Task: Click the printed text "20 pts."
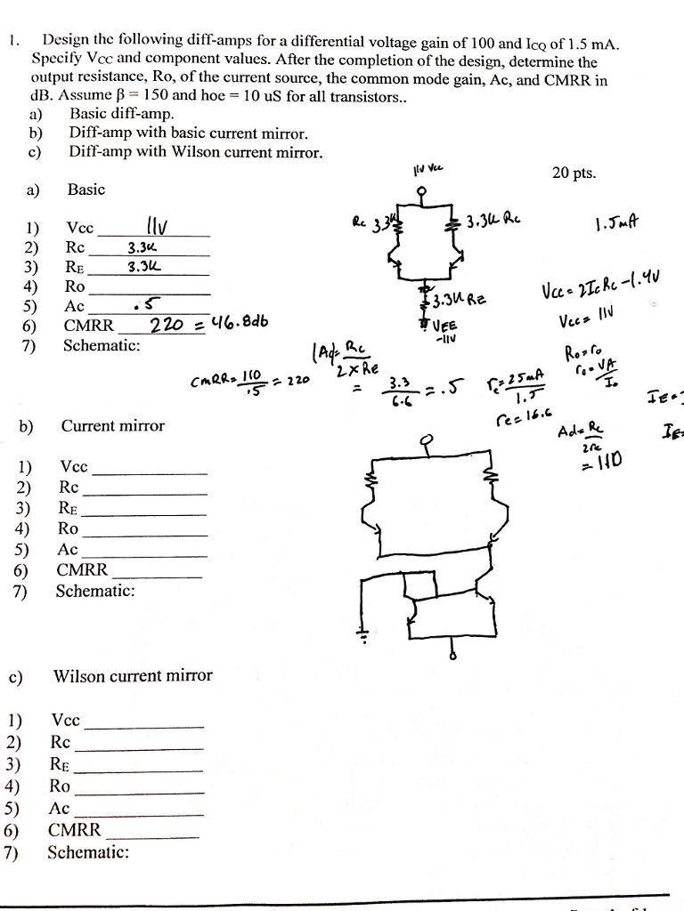[574, 173]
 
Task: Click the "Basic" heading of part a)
[85, 189]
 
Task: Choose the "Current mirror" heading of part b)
[113, 425]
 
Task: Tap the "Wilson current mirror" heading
[134, 675]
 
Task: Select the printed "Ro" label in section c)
[60, 786]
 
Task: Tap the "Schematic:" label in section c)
[87, 852]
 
